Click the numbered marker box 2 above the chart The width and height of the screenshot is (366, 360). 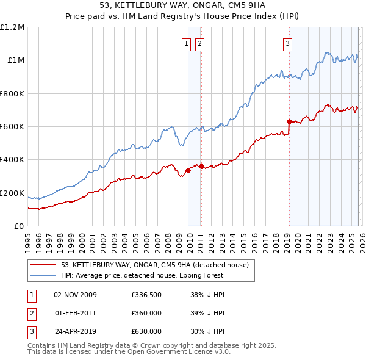point(199,43)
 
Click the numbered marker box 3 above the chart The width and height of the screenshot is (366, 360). point(287,43)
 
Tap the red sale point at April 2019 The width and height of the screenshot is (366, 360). point(289,121)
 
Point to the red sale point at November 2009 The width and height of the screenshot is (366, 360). point(188,170)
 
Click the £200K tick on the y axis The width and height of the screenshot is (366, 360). point(12,193)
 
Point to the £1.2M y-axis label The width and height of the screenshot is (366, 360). point(12,27)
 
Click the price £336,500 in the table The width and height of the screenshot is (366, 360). point(146,295)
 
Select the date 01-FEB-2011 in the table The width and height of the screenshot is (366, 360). point(76,313)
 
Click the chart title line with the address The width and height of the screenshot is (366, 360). point(183,5)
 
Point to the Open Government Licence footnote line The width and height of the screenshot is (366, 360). point(129,352)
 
